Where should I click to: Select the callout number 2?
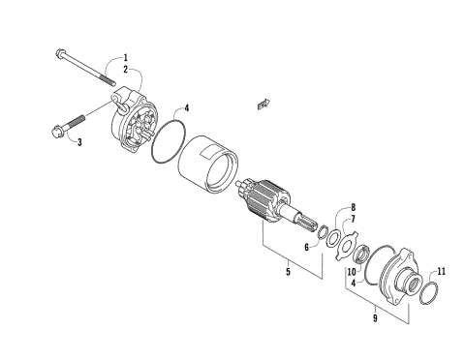tap(124, 70)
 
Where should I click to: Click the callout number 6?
tap(306, 247)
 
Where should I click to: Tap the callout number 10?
tap(352, 274)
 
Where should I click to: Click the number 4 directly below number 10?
tap(353, 284)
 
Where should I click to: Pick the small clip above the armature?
tap(259, 99)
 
